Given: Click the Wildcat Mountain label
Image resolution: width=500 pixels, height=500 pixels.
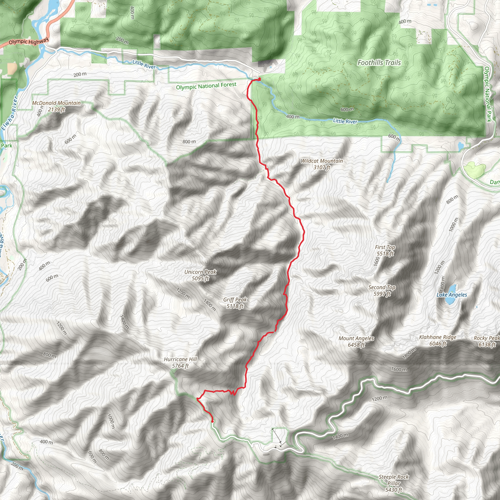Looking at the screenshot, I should coord(322,164).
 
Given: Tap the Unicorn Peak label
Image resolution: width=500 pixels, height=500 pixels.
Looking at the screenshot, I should coord(200,275).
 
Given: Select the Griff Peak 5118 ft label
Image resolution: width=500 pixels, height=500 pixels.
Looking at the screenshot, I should coord(235,303).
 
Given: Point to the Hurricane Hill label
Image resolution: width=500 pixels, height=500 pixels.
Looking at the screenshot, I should coord(180,362).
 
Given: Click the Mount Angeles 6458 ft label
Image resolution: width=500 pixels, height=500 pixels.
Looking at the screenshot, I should coord(356,341).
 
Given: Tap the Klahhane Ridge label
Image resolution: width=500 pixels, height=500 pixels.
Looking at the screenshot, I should coord(438,340).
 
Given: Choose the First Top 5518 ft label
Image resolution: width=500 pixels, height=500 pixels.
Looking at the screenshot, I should coord(385,250).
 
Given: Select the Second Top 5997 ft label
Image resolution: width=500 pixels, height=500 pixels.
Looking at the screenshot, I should coord(382,290).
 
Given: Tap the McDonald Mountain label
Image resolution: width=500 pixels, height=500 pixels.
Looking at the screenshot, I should coord(56,106).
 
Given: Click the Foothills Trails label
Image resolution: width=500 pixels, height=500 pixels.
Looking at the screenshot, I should coord(379,63).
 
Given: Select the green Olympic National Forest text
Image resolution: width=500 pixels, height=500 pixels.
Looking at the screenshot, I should coord(206,86).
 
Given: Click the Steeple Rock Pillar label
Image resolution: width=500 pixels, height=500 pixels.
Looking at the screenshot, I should coord(394,483).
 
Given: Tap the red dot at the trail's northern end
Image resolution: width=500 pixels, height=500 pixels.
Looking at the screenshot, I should coord(259,79).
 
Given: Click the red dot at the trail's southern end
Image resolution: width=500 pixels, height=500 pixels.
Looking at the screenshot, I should coord(212,421).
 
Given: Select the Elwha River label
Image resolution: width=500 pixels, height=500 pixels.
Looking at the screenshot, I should coord(9,113).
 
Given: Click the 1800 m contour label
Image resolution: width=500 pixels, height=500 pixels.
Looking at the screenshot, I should coord(409,354).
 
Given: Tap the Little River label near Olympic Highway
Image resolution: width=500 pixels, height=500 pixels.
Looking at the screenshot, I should coord(144,64).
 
